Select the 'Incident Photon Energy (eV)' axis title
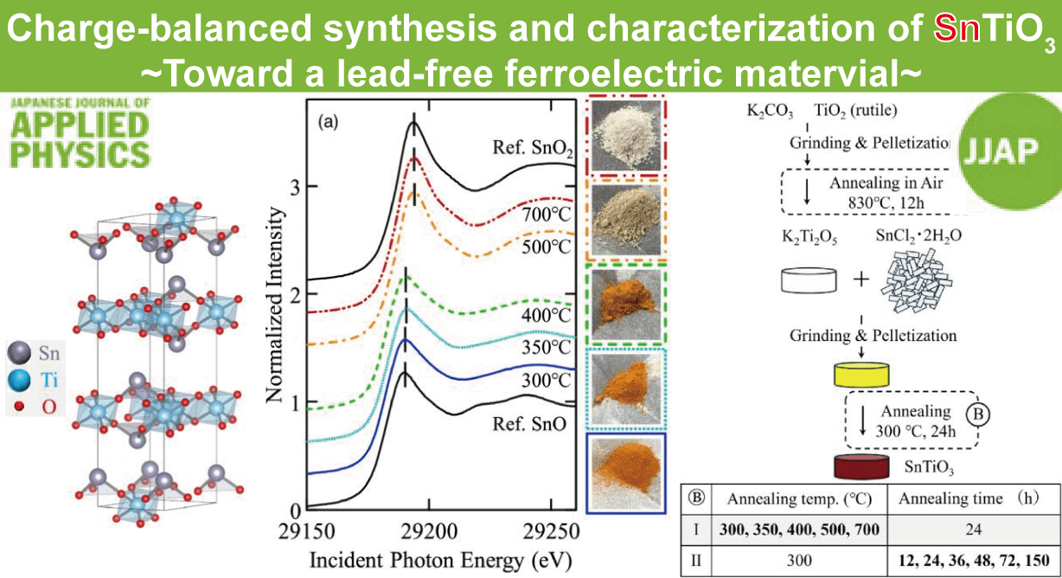coord(438,559)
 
